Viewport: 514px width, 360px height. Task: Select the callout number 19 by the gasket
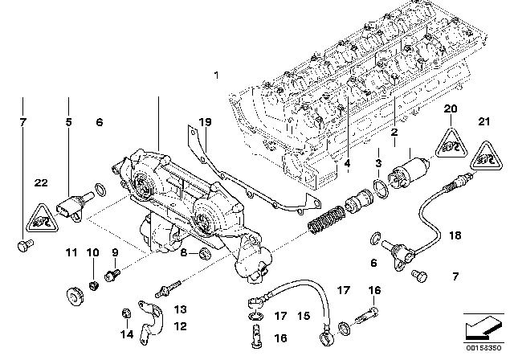(x=205, y=122)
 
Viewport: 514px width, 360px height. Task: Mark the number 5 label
(x=69, y=122)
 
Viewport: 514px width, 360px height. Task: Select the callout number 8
(x=184, y=254)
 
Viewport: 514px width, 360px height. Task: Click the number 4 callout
(x=348, y=165)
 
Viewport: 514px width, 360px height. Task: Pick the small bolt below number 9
(x=114, y=275)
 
